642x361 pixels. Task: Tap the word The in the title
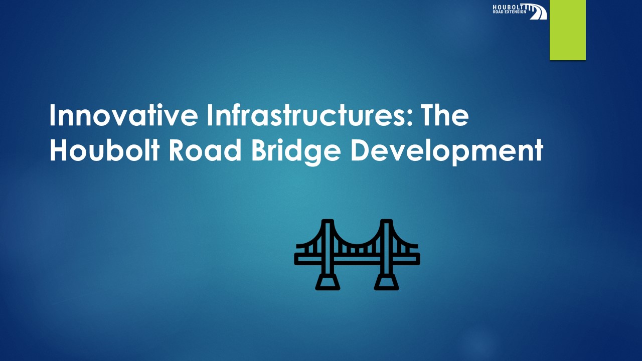[x=443, y=116]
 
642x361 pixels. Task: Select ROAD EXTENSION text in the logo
[x=510, y=12]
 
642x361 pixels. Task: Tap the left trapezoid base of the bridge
[x=328, y=282]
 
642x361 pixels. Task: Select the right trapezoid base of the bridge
[x=386, y=282]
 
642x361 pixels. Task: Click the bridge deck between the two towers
[x=357, y=258]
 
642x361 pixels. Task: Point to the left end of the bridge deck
[x=298, y=258]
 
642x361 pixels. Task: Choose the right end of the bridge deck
[x=416, y=258]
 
